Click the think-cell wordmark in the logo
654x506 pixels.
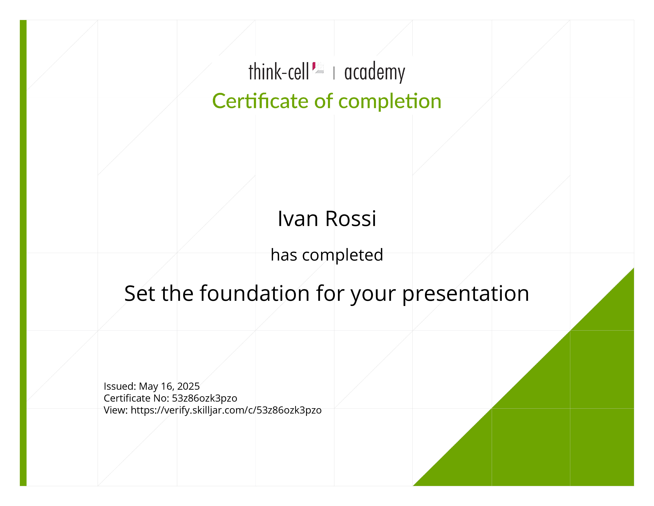click(278, 72)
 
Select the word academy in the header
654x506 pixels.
click(375, 72)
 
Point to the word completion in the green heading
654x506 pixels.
click(390, 102)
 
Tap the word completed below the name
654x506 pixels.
click(343, 255)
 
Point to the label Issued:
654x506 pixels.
click(120, 386)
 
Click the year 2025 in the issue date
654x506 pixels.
click(188, 386)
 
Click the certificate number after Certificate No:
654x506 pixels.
click(205, 398)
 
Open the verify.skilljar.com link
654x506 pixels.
click(226, 410)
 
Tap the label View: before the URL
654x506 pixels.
click(116, 410)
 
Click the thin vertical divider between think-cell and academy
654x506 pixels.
click(334, 73)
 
